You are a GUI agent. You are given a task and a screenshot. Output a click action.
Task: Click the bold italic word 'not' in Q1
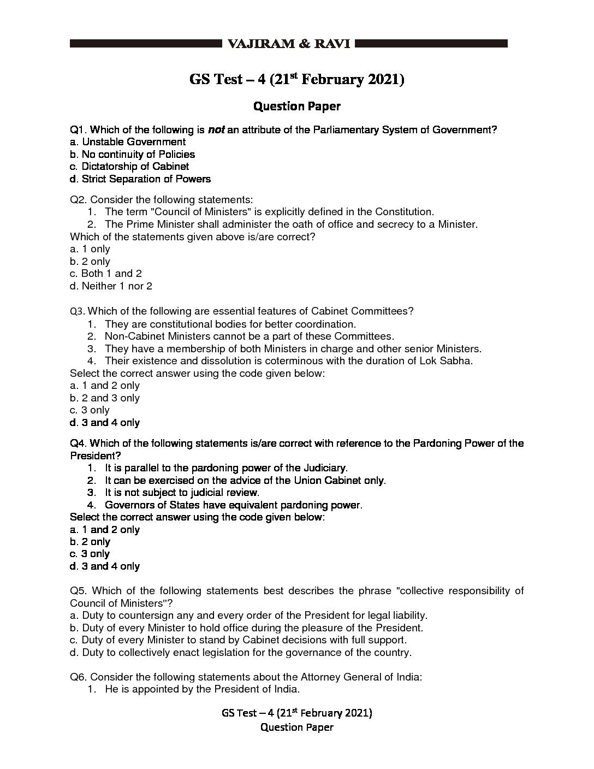tap(216, 130)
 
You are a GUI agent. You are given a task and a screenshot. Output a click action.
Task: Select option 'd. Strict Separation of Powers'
tap(140, 179)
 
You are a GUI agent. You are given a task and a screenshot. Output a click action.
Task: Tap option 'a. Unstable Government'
tap(128, 142)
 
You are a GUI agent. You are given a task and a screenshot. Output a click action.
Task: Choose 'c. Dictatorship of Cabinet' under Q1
tap(129, 167)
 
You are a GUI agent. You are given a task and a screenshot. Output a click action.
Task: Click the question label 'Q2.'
tap(79, 200)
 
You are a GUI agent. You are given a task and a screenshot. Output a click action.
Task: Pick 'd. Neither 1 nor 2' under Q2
tap(111, 286)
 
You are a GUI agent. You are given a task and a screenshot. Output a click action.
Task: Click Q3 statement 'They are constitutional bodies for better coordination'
tap(230, 324)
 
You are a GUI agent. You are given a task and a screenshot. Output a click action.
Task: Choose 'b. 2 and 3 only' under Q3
tap(105, 398)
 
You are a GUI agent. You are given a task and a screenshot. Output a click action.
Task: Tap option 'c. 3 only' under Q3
tap(90, 410)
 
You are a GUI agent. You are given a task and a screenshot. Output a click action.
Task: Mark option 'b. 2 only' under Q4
tap(90, 542)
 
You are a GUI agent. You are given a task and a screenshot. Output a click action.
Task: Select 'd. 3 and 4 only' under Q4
tap(105, 566)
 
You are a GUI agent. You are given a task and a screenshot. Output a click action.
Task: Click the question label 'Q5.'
tap(79, 591)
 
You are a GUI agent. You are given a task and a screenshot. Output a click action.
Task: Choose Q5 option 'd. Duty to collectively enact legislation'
tap(241, 652)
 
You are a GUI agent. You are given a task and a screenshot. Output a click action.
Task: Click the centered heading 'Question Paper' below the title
tap(297, 106)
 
